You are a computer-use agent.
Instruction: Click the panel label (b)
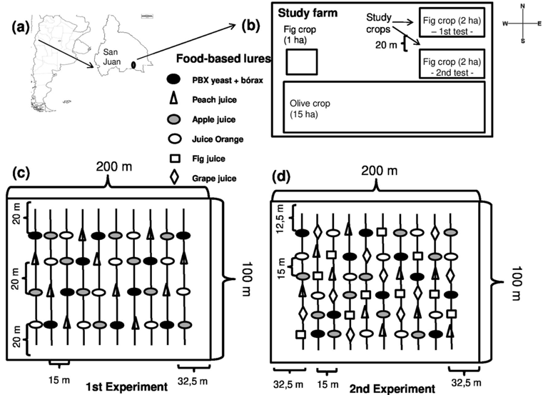point(250,27)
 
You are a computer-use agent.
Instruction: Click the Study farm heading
point(307,14)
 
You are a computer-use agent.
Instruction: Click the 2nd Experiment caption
point(392,389)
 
